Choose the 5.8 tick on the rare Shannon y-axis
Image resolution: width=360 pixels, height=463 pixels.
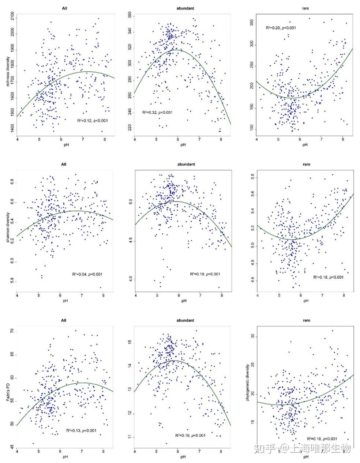(252, 177)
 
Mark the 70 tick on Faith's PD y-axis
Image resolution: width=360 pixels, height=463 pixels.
(12, 331)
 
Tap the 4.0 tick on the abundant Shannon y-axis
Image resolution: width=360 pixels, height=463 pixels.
(130, 280)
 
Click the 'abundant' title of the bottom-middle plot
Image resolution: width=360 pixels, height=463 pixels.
(185, 320)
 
